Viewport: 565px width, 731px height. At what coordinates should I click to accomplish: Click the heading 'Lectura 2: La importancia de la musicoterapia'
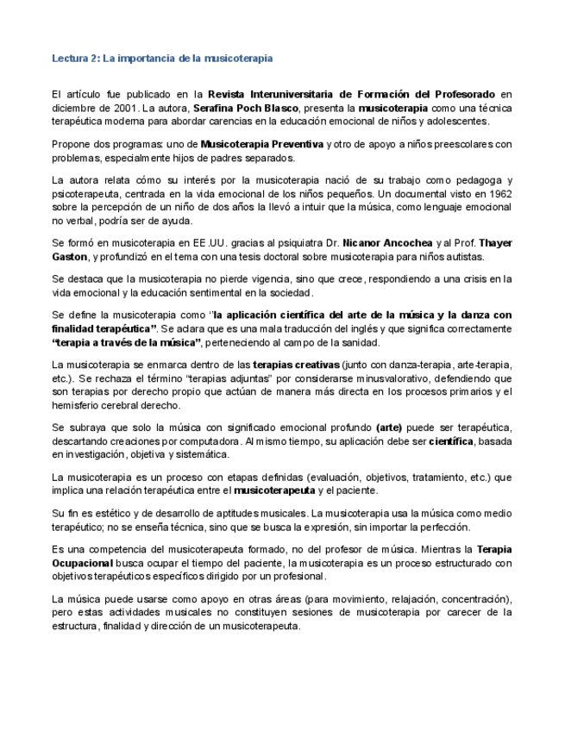[162, 59]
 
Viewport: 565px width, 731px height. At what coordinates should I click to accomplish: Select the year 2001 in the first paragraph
[123, 108]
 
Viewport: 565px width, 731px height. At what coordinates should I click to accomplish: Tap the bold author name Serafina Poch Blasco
[245, 108]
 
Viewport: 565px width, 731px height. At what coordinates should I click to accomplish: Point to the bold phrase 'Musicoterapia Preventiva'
[262, 144]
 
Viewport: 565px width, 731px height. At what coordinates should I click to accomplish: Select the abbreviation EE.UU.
[210, 243]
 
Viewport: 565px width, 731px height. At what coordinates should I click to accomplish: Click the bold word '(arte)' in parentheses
[389, 428]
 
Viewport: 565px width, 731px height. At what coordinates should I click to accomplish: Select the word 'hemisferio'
[76, 405]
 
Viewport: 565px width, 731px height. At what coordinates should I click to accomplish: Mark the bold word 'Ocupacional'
[84, 563]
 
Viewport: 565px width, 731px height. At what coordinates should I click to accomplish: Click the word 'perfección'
[444, 527]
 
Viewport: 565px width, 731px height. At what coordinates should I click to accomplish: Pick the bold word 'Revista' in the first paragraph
[227, 94]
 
